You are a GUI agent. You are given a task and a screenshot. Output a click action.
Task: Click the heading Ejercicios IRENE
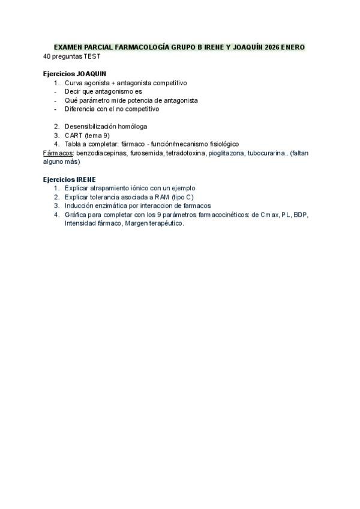(69, 179)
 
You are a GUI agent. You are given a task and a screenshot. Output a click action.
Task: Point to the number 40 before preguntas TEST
(47, 56)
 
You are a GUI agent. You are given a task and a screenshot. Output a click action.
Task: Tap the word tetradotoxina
(186, 153)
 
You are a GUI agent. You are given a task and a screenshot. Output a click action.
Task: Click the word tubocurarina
(266, 153)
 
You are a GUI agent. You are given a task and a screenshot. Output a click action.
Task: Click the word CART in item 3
(73, 135)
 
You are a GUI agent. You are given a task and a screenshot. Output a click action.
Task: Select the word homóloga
(132, 127)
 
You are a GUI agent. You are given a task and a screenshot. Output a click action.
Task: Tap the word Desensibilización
(90, 127)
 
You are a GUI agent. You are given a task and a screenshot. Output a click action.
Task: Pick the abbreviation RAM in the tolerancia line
(158, 197)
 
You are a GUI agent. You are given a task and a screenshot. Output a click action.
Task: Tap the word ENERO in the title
(298, 47)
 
